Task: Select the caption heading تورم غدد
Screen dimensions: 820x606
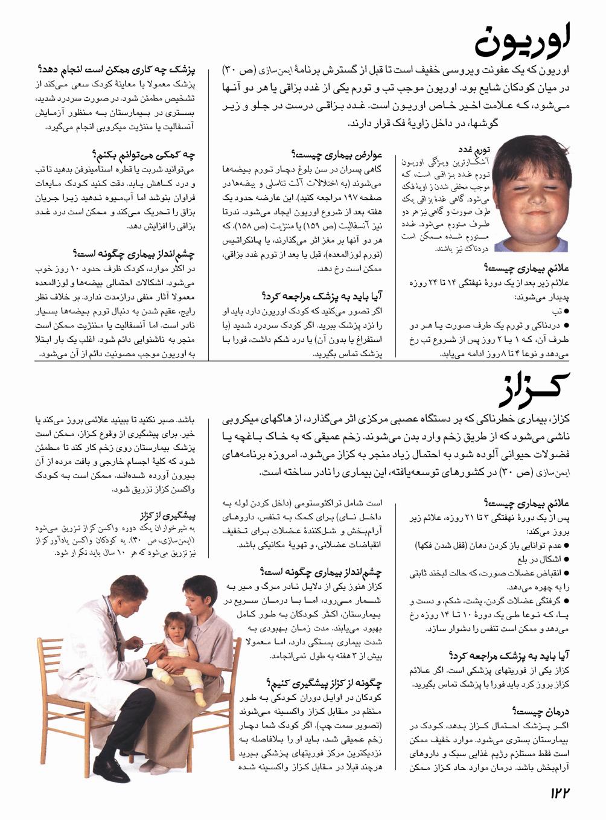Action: (473, 149)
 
